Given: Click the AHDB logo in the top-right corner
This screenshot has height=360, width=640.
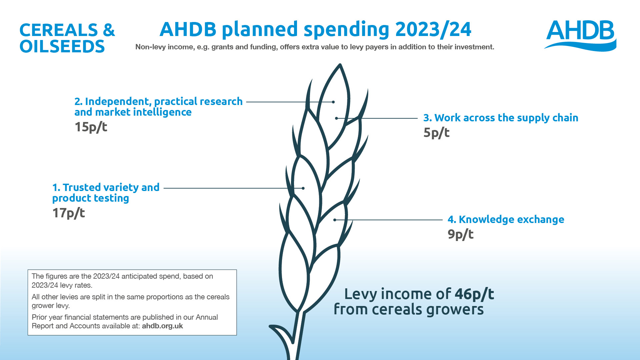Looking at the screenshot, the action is [580, 35].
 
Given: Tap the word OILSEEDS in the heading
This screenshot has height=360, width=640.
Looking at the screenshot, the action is [62, 46].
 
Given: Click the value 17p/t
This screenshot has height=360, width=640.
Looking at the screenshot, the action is [69, 213].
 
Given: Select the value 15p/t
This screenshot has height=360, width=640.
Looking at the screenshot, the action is [91, 127].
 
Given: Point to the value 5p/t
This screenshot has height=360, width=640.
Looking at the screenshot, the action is [436, 133].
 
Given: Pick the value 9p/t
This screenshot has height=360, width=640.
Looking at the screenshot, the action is [460, 234].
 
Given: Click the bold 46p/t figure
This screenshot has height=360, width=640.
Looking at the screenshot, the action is [474, 294].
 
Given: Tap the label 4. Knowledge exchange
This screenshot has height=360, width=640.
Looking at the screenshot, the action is [506, 219].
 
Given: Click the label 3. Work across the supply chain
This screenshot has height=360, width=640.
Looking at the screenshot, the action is [501, 118].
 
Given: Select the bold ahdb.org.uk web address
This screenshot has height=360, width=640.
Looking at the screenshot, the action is [162, 326].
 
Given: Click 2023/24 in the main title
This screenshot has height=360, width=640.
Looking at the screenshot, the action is [433, 29].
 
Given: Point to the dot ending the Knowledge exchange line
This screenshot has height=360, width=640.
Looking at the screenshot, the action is [335, 220].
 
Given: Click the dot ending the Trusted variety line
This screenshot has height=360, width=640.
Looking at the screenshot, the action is [303, 188].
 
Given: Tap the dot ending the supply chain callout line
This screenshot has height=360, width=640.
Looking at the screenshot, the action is [336, 118].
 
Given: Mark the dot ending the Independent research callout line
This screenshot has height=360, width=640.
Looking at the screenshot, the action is [333, 102].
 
